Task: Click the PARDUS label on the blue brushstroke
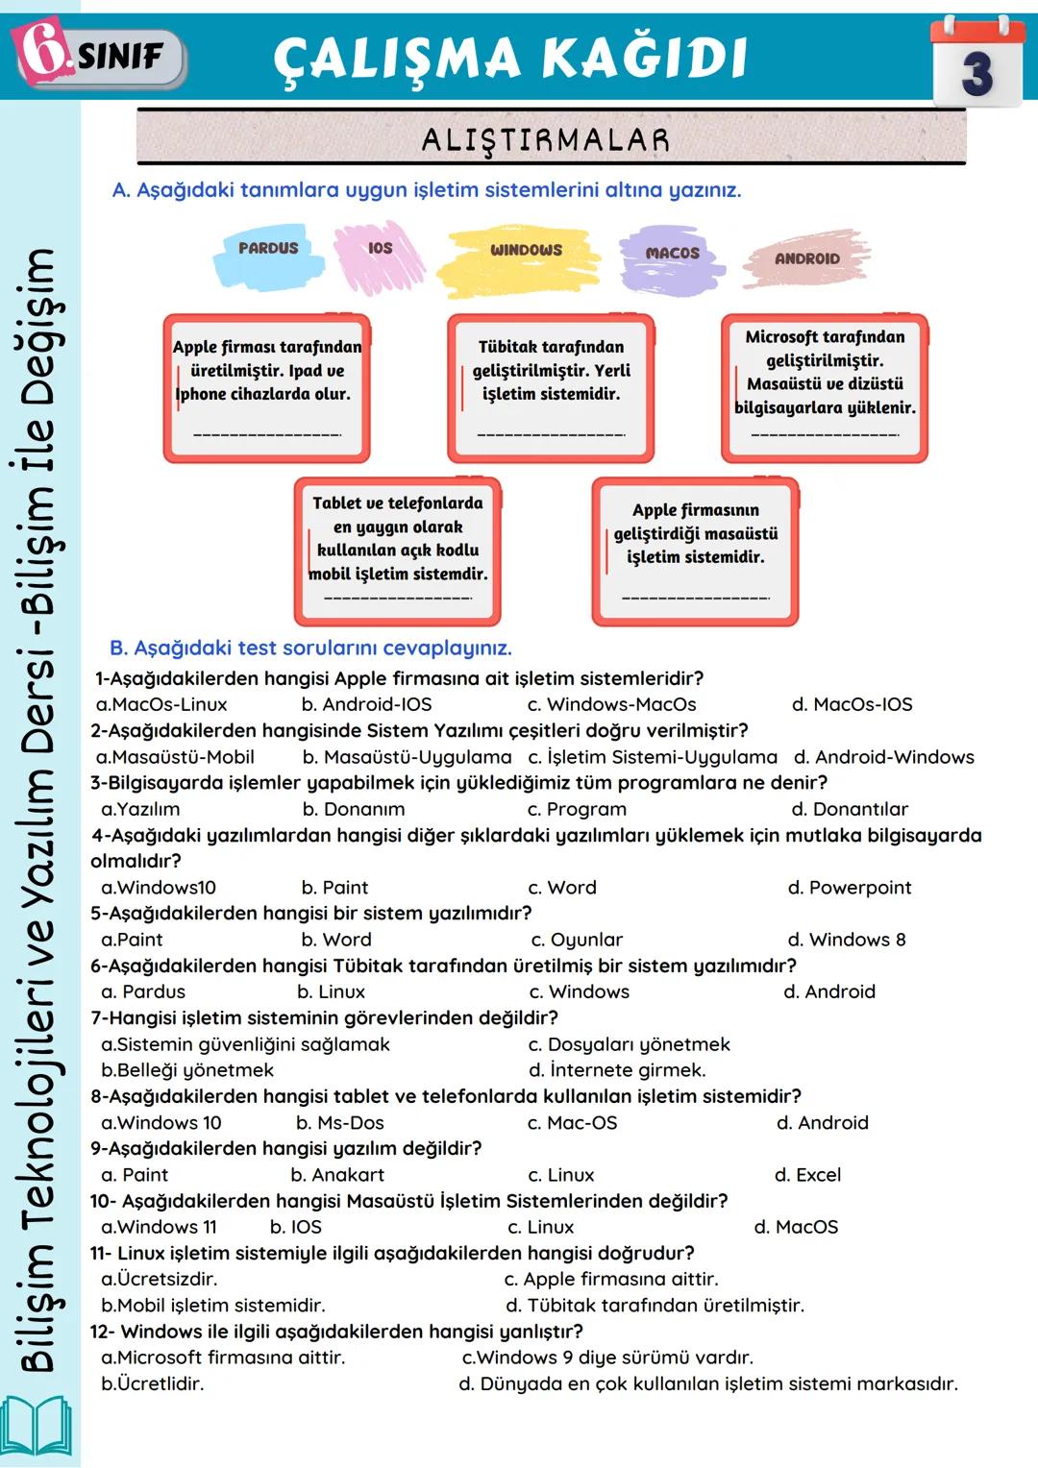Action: pyautogui.click(x=268, y=248)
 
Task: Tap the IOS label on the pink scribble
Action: pyautogui.click(x=381, y=248)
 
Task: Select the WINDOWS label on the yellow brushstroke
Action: pyautogui.click(x=526, y=250)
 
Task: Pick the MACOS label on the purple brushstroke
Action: pyautogui.click(x=673, y=253)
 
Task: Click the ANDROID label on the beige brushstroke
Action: pyautogui.click(x=807, y=258)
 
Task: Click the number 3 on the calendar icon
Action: pyautogui.click(x=976, y=73)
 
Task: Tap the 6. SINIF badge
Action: pyautogui.click(x=100, y=56)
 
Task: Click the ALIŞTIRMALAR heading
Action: pyautogui.click(x=546, y=140)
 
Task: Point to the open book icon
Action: pyautogui.click(x=37, y=1426)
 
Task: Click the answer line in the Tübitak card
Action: pyautogui.click(x=551, y=435)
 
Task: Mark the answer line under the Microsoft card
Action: pyautogui.click(x=825, y=435)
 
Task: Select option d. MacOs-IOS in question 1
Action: pyautogui.click(x=852, y=704)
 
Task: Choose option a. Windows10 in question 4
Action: pyautogui.click(x=159, y=888)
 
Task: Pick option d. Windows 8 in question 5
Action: pyautogui.click(x=846, y=940)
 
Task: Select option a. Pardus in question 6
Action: pyautogui.click(x=143, y=991)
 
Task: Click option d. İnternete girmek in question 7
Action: pyautogui.click(x=617, y=1070)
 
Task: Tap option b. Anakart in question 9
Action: pyautogui.click(x=337, y=1175)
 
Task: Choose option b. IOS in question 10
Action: pyautogui.click(x=296, y=1227)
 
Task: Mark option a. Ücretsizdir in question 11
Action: pyautogui.click(x=160, y=1279)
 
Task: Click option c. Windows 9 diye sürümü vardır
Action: pyautogui.click(x=607, y=1358)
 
